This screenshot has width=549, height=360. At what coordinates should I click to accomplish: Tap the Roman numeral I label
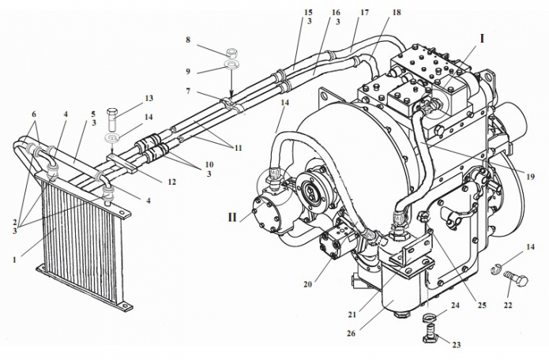(481, 37)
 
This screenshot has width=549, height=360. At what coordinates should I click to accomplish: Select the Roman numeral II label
(234, 214)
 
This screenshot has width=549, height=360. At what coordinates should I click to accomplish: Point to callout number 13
(148, 99)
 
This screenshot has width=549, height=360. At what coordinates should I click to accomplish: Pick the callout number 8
(188, 39)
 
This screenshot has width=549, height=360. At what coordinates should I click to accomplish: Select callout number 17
(364, 13)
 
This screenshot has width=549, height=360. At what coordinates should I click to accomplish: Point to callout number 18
(396, 13)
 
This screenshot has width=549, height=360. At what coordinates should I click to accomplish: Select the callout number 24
(454, 305)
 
